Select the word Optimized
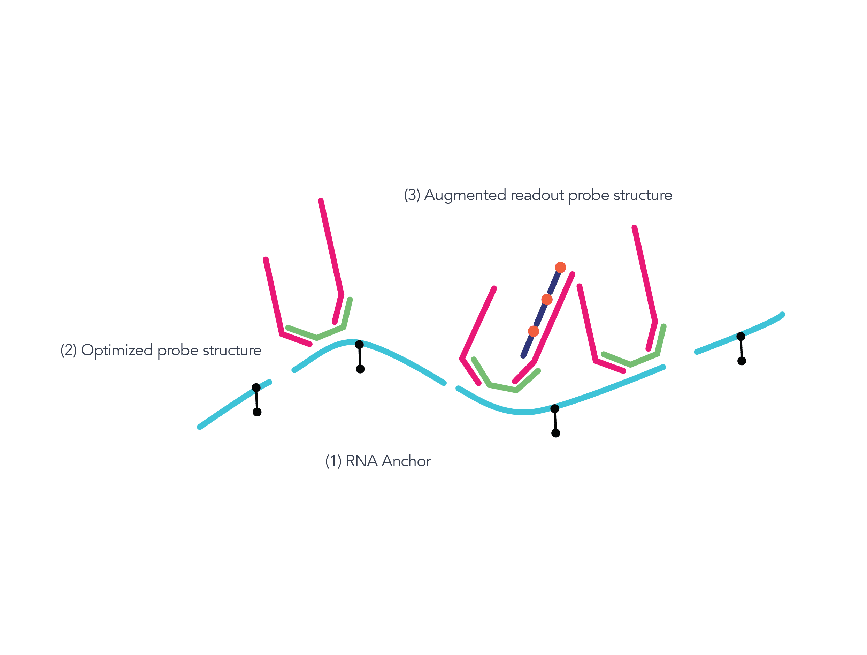(116, 350)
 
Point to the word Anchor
(406, 461)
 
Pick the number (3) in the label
(412, 195)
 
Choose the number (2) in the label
(68, 350)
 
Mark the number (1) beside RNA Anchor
(333, 461)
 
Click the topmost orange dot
(560, 268)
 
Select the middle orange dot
(547, 300)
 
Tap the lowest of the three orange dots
(534, 331)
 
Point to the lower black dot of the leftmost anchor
(257, 412)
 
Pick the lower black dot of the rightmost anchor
(742, 361)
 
